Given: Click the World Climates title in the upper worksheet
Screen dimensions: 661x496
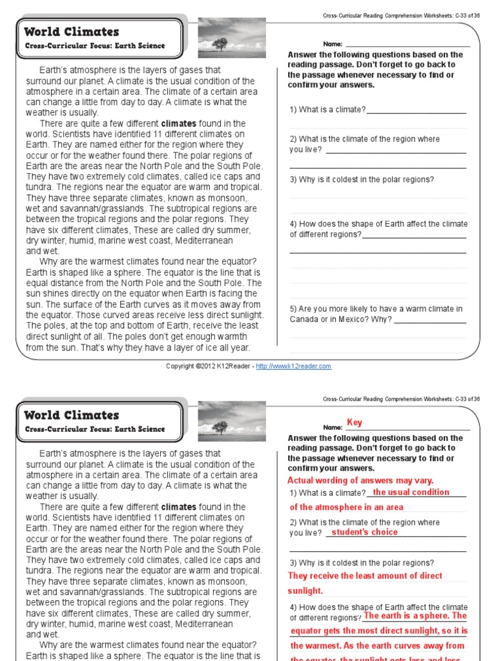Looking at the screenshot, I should pos(72,32).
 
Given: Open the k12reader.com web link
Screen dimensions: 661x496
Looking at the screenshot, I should pos(293,366).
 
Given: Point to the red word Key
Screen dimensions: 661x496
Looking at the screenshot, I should pos(355,422).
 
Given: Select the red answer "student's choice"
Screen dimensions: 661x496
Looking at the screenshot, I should pos(365,533).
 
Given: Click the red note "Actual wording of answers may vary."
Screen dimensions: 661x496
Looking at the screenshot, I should pos(360,480).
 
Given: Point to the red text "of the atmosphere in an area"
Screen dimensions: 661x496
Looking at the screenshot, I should pos(346,507).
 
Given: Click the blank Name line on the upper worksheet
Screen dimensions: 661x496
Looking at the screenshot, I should pos(408,45).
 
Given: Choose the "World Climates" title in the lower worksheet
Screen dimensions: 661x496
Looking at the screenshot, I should pos(72,415).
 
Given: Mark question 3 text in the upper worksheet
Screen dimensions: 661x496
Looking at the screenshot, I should pos(362,179).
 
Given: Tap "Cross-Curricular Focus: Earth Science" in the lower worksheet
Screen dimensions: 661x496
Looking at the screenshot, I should pos(95,429).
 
